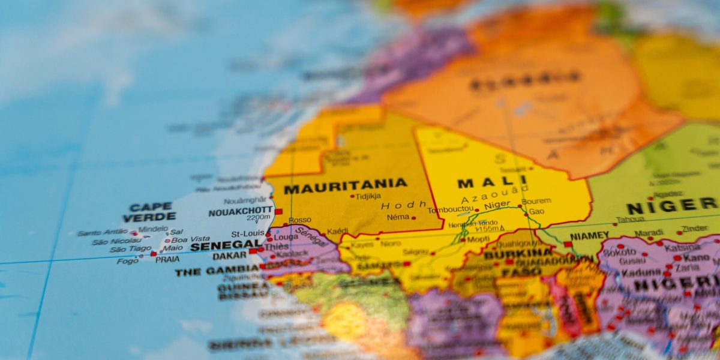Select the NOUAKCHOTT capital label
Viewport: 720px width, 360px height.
240,212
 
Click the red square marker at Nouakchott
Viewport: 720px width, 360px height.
278,211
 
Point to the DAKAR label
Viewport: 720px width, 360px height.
229,256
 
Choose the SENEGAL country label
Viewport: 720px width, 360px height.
225,245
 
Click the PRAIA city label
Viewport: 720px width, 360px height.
167,260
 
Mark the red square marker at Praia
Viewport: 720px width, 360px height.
154,254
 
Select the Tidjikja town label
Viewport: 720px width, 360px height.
368,196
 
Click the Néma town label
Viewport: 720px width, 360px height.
398,217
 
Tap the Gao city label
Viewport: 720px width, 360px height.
536,211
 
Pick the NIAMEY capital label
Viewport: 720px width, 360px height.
589,236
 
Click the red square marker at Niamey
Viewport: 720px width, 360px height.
568,244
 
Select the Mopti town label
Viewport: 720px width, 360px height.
478,238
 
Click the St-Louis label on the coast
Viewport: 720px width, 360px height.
248,233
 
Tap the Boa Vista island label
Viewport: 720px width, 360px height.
191,239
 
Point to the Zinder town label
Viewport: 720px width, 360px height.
695,229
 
